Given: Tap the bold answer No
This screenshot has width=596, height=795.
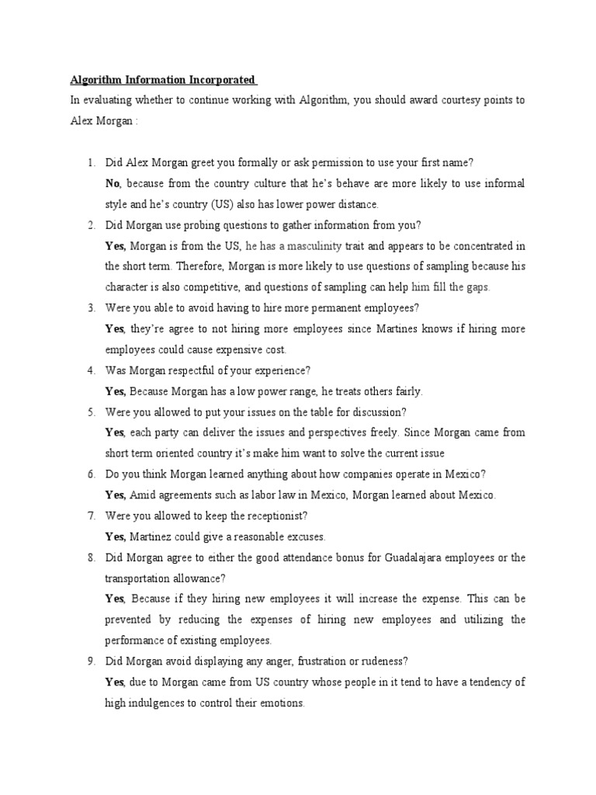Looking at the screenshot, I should (x=113, y=183).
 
